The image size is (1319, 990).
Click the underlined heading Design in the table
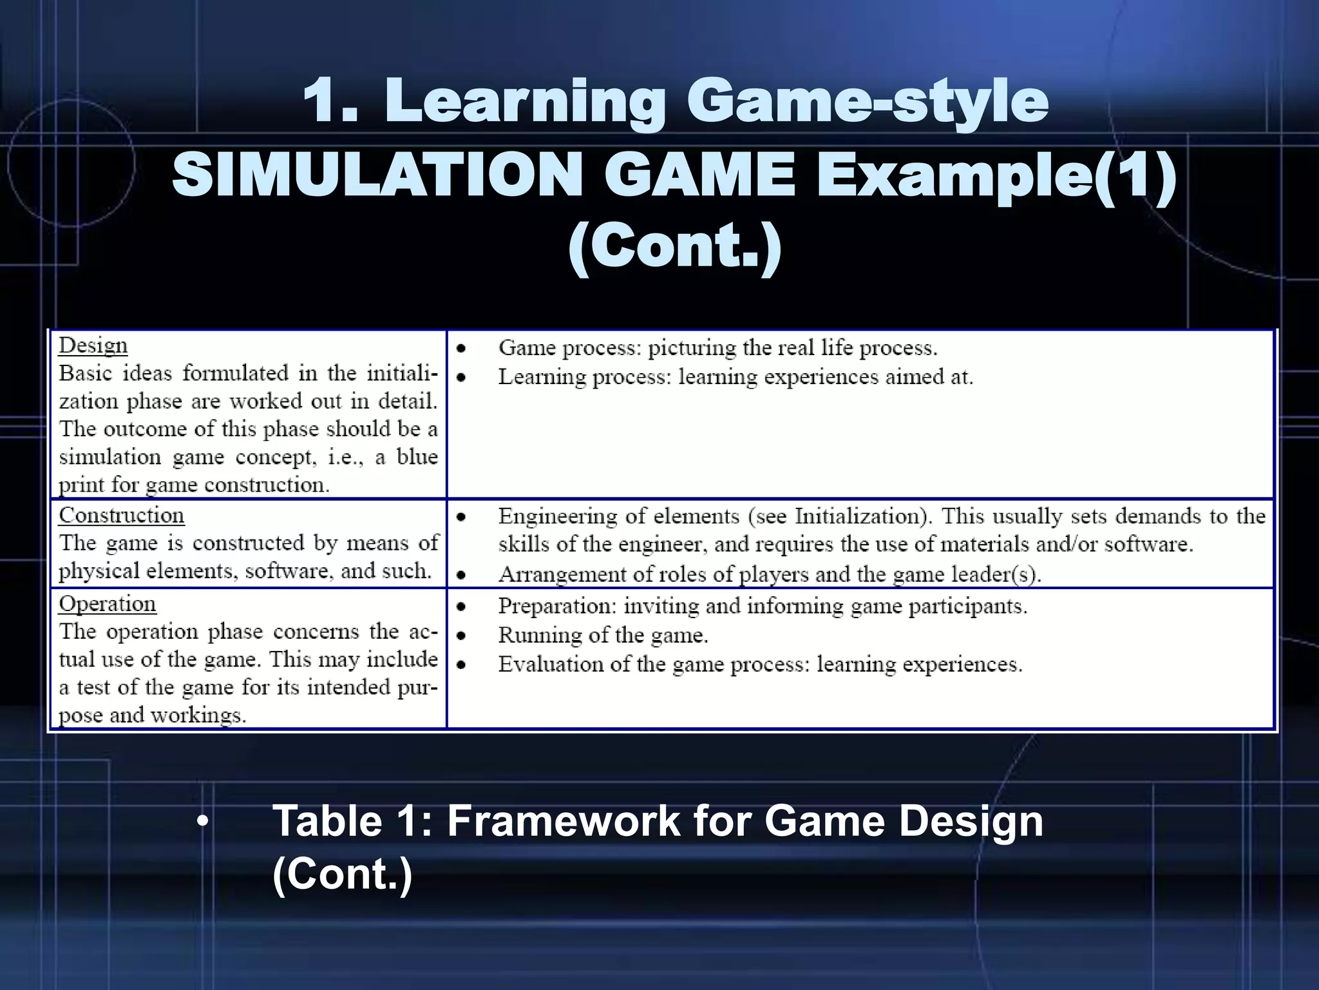(93, 346)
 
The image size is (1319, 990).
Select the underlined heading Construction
(122, 516)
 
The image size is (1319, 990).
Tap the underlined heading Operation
(108, 604)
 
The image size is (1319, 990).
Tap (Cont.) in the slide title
(674, 247)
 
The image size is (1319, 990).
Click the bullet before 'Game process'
(461, 349)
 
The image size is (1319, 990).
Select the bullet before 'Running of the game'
(461, 636)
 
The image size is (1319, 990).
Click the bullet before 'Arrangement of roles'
(461, 574)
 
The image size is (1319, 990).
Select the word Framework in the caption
(563, 821)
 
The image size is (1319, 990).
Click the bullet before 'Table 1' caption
(204, 822)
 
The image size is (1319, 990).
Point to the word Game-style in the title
(867, 101)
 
